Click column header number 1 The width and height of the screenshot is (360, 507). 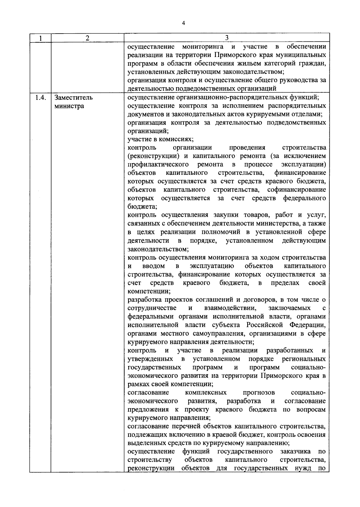pos(40,38)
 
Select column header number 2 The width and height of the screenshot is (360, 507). pos(87,38)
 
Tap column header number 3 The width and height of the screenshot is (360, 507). pos(227,37)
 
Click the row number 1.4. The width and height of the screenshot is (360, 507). pos(40,98)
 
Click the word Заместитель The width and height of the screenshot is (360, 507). pos(73,98)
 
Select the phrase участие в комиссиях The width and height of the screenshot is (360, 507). pos(160,139)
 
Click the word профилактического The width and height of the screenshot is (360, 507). pos(158,165)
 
